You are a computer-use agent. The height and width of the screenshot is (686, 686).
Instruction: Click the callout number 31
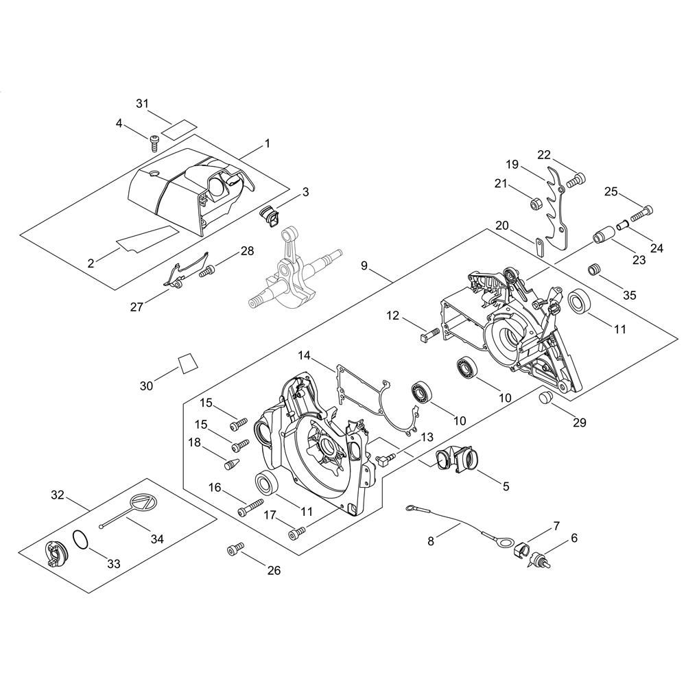click(142, 104)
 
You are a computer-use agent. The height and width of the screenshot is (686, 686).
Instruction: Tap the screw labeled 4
click(154, 143)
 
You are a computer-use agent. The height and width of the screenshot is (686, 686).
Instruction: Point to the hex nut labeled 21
click(534, 203)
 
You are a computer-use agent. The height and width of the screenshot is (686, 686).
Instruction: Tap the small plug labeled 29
click(545, 399)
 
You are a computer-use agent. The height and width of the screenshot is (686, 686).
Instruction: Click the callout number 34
click(157, 539)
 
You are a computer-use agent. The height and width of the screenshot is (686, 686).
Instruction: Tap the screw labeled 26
click(235, 549)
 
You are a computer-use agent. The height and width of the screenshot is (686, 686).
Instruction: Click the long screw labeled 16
click(250, 507)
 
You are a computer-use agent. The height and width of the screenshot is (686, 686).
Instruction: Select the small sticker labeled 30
click(187, 363)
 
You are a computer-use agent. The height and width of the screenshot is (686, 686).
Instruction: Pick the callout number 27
click(137, 307)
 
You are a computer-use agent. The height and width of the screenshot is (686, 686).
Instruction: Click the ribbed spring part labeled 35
click(594, 269)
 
